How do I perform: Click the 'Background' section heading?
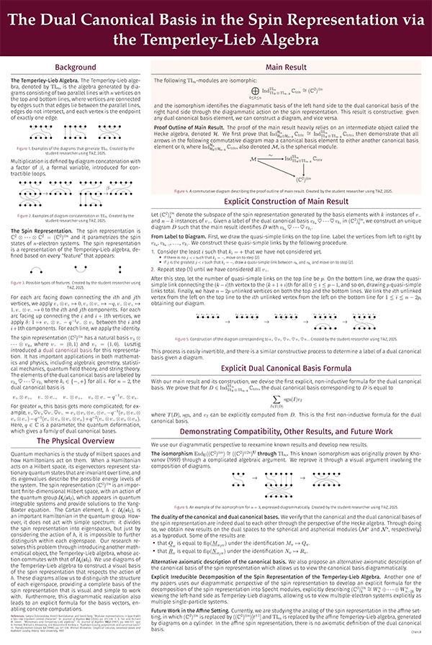click(75, 66)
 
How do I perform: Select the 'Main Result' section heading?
click(288, 66)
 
